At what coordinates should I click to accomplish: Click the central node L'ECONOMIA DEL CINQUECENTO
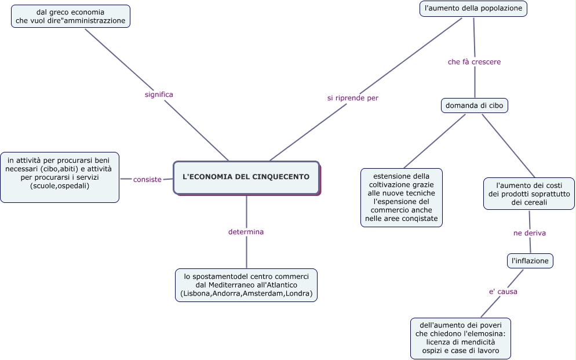(246, 177)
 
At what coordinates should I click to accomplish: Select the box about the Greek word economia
(71, 16)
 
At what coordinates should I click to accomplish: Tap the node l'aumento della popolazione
(473, 9)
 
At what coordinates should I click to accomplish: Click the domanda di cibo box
(475, 106)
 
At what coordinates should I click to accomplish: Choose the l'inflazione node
(530, 261)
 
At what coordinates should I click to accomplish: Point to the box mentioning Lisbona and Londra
(246, 285)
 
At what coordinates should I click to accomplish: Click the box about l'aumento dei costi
(528, 194)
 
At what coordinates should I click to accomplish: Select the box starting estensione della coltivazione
(401, 198)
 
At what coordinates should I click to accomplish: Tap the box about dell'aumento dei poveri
(461, 338)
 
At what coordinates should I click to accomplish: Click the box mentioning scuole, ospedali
(60, 177)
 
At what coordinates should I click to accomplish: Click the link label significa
(159, 94)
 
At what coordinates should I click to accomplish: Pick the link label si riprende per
(352, 98)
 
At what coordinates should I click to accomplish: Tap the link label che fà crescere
(474, 61)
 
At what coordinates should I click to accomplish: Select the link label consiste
(147, 179)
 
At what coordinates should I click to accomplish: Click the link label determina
(246, 232)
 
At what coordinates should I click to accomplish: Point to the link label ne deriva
(530, 233)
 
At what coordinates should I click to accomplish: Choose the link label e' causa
(503, 292)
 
